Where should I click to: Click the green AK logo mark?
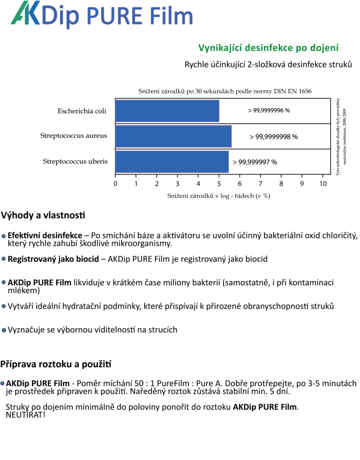pos(26,13)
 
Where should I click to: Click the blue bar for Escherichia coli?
pos(167,111)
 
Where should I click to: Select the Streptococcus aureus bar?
pos(173,137)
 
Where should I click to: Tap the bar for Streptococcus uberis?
pos(172,162)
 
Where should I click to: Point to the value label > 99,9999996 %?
pos(269,111)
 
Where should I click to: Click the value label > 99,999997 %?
pos(255,162)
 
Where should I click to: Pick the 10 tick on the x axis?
pos(323,184)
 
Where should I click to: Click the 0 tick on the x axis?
pos(115,184)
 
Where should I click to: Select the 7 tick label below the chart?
pos(260,184)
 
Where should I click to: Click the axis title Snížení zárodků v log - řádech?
pos(219,196)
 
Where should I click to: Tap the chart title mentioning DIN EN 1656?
pos(225,91)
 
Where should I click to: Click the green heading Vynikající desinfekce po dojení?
pos(268,48)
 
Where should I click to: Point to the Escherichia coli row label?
pos(82,111)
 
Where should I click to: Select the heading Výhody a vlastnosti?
pos(43,215)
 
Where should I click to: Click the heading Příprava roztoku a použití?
pos(56,364)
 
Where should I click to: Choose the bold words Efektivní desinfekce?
pos(45,235)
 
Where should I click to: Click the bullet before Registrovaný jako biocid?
pos(4,259)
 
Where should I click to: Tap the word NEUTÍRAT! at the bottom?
pos(26,415)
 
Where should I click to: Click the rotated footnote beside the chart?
pos(341,137)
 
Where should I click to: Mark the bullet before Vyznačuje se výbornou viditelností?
pos(4,330)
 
